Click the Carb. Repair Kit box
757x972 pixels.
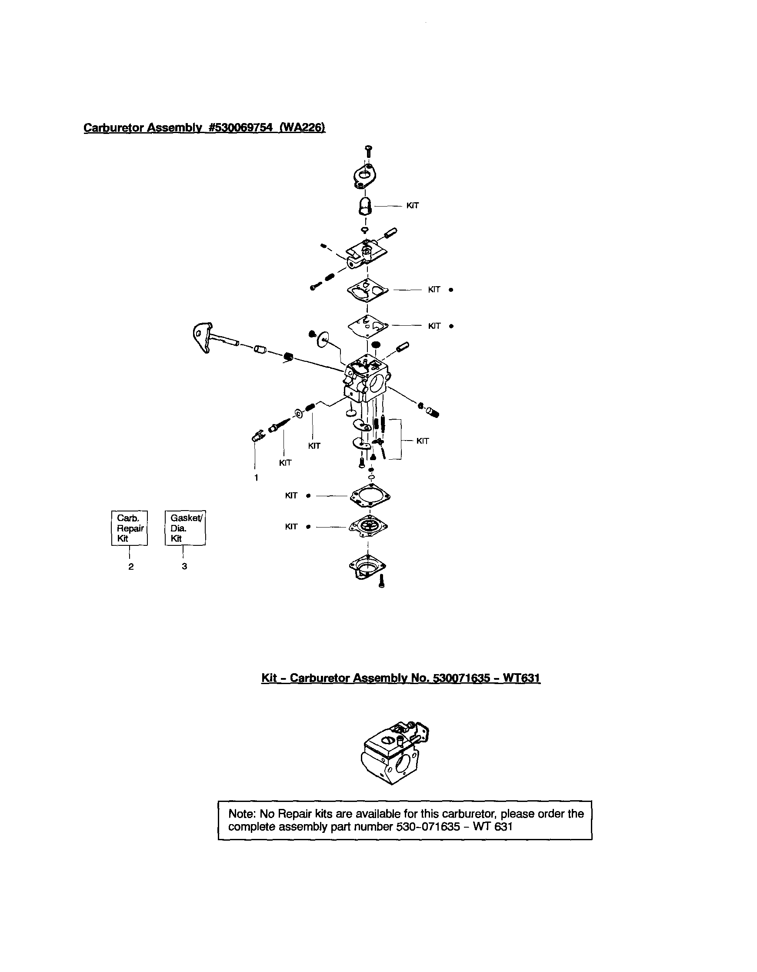129,528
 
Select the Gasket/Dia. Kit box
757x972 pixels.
185,528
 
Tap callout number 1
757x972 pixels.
257,478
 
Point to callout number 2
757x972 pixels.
131,567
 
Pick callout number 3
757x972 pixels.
184,567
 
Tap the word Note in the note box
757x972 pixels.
241,814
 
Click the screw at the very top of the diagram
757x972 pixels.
368,150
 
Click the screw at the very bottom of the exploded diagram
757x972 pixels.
381,581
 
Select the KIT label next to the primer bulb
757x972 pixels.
413,206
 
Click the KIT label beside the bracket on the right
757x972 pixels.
422,441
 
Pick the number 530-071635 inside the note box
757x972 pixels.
428,827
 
